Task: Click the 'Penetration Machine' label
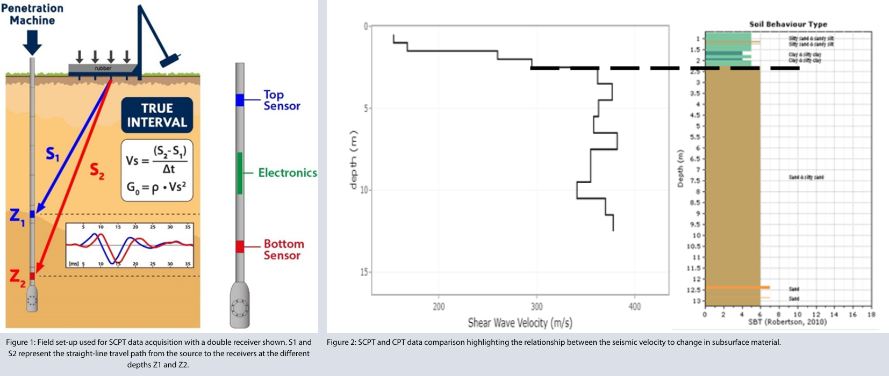coord(32,15)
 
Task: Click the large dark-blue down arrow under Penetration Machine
coord(32,42)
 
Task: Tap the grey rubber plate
coord(103,68)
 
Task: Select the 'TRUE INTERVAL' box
coord(156,115)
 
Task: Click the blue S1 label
coord(53,155)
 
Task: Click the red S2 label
coord(97,170)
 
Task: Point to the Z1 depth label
coord(16,216)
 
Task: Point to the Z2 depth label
coord(17,277)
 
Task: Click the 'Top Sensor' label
coord(281,100)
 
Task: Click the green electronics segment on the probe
coord(240,173)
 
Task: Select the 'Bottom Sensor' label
coord(283,250)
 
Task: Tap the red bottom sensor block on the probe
coord(240,247)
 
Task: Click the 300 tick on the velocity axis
coord(536,307)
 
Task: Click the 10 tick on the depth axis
coord(364,190)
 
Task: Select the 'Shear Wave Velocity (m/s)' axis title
coord(520,323)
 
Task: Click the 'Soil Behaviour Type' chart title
coord(788,24)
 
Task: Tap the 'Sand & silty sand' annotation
coord(806,177)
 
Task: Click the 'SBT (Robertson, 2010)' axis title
coord(787,322)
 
